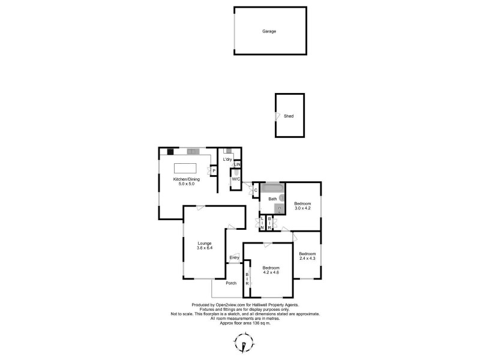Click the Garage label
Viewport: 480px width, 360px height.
[x=269, y=31]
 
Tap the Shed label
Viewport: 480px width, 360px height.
[x=289, y=116]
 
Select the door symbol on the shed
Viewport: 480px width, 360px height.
[x=277, y=116]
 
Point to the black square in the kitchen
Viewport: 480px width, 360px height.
[x=170, y=151]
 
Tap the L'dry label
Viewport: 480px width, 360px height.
[x=227, y=160]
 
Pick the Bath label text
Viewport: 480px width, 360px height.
[x=272, y=199]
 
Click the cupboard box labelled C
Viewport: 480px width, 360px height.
[x=256, y=191]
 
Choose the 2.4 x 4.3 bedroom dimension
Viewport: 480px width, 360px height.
[x=307, y=258]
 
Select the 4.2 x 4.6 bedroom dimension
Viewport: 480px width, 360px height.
[x=271, y=272]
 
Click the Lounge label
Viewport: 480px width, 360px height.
[x=205, y=243]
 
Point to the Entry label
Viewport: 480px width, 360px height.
[x=234, y=258]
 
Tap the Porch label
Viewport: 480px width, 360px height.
[x=231, y=283]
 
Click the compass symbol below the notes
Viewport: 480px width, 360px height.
[x=243, y=344]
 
